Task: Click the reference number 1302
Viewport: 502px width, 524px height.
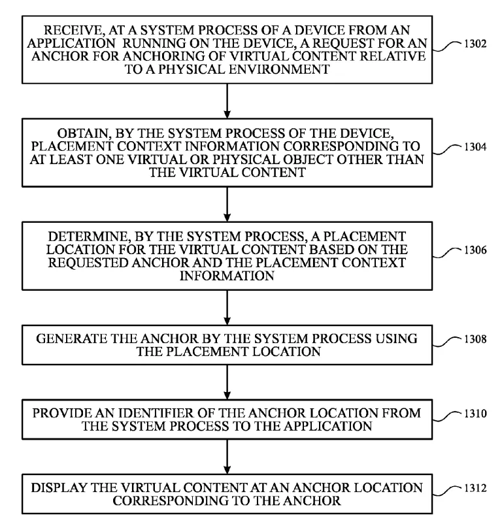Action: click(x=475, y=44)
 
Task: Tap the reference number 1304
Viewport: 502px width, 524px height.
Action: click(x=475, y=147)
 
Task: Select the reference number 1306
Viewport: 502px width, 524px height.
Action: click(x=475, y=250)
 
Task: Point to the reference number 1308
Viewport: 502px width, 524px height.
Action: click(x=475, y=339)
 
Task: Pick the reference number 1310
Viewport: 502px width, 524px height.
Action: click(x=475, y=414)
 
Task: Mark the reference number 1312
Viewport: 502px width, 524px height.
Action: click(x=475, y=488)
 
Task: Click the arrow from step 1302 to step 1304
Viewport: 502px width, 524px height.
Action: click(x=227, y=101)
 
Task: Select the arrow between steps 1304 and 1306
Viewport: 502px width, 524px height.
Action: click(x=227, y=204)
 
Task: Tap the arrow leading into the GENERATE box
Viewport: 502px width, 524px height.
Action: click(x=227, y=308)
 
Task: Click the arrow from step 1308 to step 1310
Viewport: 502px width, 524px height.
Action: click(x=227, y=382)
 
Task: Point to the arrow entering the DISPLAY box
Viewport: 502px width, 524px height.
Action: click(x=227, y=457)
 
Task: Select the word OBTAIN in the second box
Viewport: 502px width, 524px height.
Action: click(x=84, y=133)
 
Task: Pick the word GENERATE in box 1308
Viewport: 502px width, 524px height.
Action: click(x=71, y=338)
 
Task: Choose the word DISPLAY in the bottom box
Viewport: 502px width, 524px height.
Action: click(x=59, y=488)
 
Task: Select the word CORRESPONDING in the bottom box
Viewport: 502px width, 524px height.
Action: click(x=175, y=500)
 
